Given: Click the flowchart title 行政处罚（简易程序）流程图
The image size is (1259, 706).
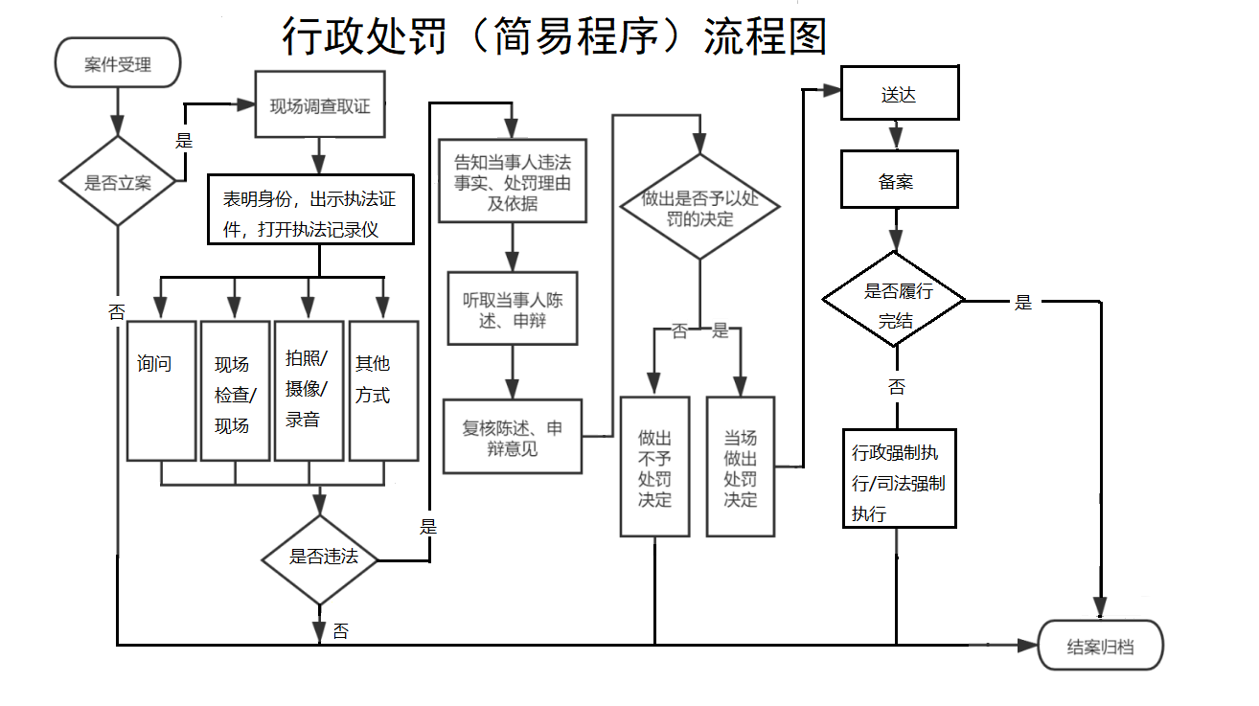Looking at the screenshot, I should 554,36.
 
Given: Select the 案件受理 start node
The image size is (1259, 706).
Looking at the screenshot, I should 118,64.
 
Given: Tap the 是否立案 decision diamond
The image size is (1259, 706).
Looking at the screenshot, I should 118,182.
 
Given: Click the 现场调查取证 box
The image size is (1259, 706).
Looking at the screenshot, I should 319,106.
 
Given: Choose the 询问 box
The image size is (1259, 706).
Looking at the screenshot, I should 161,390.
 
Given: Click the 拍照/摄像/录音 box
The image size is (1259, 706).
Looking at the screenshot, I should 309,390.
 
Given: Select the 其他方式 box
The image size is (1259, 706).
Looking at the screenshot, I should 383,390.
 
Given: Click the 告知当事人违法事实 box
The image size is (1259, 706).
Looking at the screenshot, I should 512,181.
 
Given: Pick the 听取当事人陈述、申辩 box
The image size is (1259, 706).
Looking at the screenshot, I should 513,308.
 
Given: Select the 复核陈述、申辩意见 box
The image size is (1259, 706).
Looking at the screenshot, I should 513,437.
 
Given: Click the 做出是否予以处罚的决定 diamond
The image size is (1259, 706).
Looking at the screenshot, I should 699,207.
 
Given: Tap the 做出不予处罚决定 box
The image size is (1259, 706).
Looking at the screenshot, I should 654,467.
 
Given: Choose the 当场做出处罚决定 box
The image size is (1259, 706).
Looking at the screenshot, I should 740,467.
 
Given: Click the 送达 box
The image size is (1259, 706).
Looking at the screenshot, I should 899,93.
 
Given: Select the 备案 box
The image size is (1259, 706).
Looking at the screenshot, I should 899,179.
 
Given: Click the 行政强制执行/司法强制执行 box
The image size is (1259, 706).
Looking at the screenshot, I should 899,477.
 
